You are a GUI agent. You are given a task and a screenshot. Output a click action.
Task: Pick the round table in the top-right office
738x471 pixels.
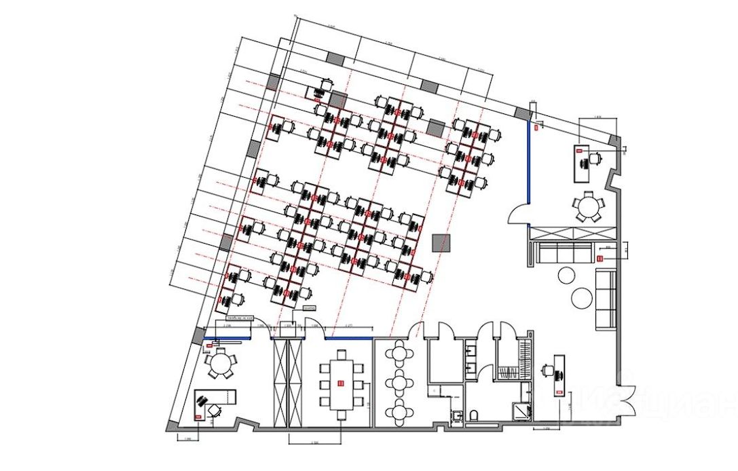pyautogui.click(x=587, y=206)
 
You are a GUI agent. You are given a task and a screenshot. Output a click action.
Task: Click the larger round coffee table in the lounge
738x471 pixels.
pyautogui.click(x=583, y=298)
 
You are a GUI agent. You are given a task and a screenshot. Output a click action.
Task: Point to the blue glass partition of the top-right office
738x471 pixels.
pyautogui.click(x=528, y=163)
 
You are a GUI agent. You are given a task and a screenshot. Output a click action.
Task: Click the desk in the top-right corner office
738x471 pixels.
pyautogui.click(x=584, y=163)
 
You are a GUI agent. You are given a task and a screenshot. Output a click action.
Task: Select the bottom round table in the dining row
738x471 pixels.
pyautogui.click(x=399, y=411)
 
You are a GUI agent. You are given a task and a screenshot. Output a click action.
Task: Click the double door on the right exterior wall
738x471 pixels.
pyautogui.click(x=628, y=399)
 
